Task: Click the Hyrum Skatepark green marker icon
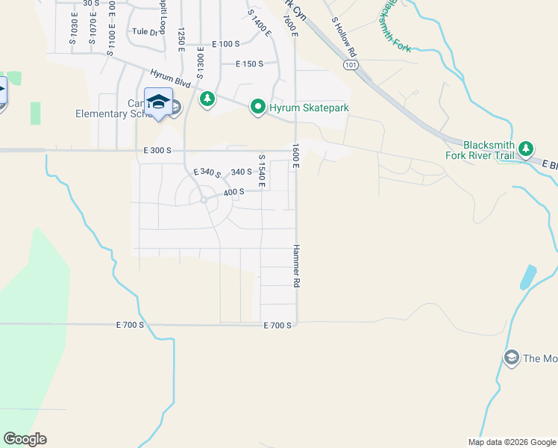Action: [x=258, y=108]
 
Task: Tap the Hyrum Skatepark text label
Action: [x=309, y=108]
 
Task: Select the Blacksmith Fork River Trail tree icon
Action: [x=526, y=150]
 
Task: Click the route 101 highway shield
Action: [x=351, y=65]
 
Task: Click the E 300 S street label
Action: [x=157, y=150]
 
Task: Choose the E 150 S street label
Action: [x=249, y=64]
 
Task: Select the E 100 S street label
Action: [x=225, y=45]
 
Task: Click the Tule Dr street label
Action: [x=145, y=31]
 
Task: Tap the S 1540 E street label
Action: [x=262, y=171]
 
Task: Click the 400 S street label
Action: [x=234, y=192]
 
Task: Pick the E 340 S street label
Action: [x=207, y=173]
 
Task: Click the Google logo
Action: [x=25, y=439]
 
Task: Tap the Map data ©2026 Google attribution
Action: [x=512, y=442]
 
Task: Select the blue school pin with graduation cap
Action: [x=158, y=103]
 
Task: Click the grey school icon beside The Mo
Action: [x=511, y=358]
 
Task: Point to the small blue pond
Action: [x=528, y=276]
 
